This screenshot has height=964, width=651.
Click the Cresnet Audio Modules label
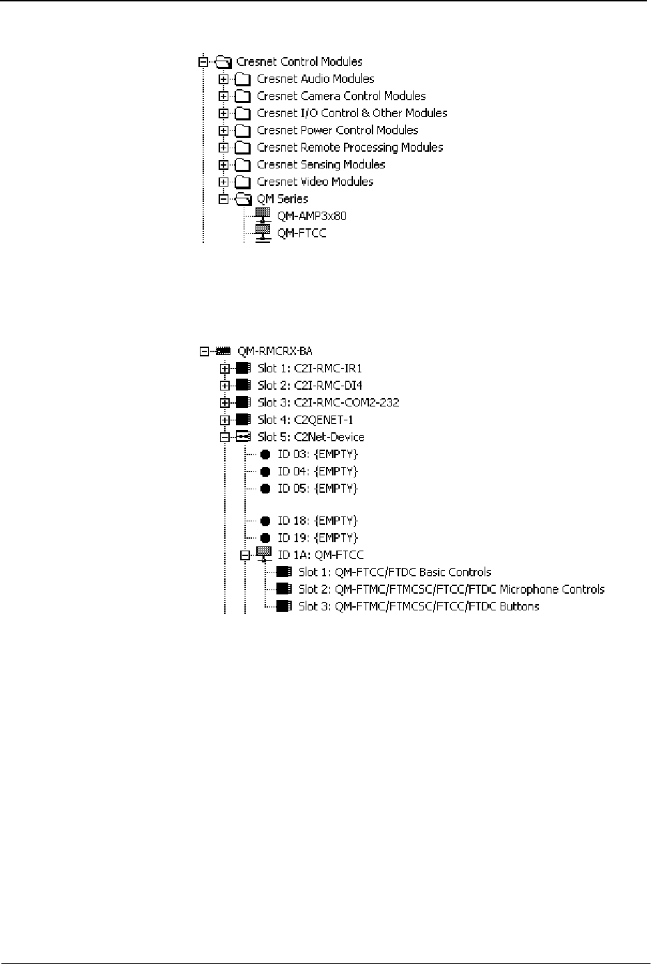(x=315, y=79)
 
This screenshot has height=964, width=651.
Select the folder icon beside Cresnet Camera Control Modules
(x=242, y=96)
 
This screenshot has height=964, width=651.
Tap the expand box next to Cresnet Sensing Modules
(x=223, y=165)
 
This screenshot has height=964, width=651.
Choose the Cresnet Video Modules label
(x=315, y=182)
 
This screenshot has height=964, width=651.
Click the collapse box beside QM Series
(x=223, y=199)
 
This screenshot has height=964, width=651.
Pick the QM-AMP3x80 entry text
(x=311, y=216)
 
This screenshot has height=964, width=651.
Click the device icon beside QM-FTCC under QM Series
(x=262, y=233)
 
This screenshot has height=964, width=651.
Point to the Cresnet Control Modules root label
(x=299, y=62)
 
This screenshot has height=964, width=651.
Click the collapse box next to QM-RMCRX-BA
(x=204, y=351)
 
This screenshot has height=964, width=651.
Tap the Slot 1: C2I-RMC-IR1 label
(x=309, y=368)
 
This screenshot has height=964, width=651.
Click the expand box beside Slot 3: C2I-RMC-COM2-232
(x=224, y=402)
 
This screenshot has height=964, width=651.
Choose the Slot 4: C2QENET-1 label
(x=305, y=420)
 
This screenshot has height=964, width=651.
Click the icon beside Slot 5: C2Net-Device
(x=243, y=437)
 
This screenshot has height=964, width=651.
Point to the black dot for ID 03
(x=265, y=455)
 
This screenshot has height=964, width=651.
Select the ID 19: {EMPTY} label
(x=317, y=538)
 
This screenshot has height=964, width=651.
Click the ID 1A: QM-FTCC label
(x=320, y=555)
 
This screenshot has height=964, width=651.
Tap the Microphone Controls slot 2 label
(x=451, y=590)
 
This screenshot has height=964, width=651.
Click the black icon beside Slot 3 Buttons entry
(x=283, y=606)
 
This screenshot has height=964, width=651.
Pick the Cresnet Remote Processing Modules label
(x=350, y=148)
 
